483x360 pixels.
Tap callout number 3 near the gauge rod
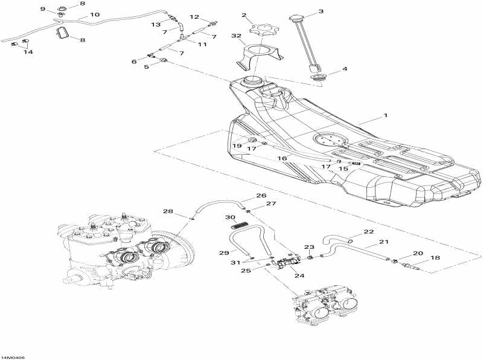(321, 11)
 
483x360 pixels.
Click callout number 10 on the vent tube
(95, 14)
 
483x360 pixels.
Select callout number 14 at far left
(28, 52)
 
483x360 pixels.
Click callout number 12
(194, 17)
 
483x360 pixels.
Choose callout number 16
(282, 158)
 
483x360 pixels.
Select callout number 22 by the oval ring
(368, 232)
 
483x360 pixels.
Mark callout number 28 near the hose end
(168, 211)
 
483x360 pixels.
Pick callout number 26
(261, 196)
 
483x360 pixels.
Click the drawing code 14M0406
(13, 356)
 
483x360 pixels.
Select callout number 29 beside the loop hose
(223, 251)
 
